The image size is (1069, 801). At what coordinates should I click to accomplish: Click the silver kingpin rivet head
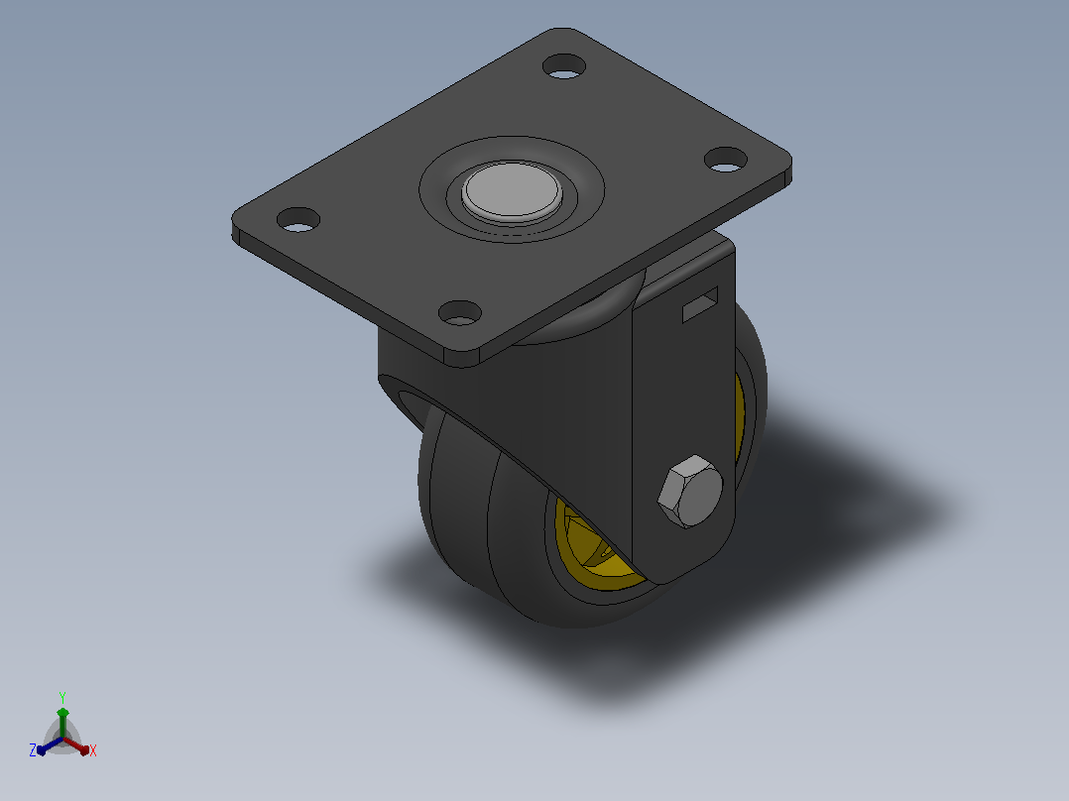512,191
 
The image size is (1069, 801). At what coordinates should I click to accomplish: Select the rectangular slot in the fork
700,304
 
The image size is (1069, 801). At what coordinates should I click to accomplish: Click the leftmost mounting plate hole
297,219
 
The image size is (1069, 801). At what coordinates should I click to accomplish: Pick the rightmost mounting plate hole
726,160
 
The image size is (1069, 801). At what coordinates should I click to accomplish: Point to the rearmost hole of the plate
564,66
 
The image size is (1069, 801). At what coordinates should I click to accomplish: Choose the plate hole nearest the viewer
459,313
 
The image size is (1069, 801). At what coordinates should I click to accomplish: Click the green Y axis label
62,698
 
